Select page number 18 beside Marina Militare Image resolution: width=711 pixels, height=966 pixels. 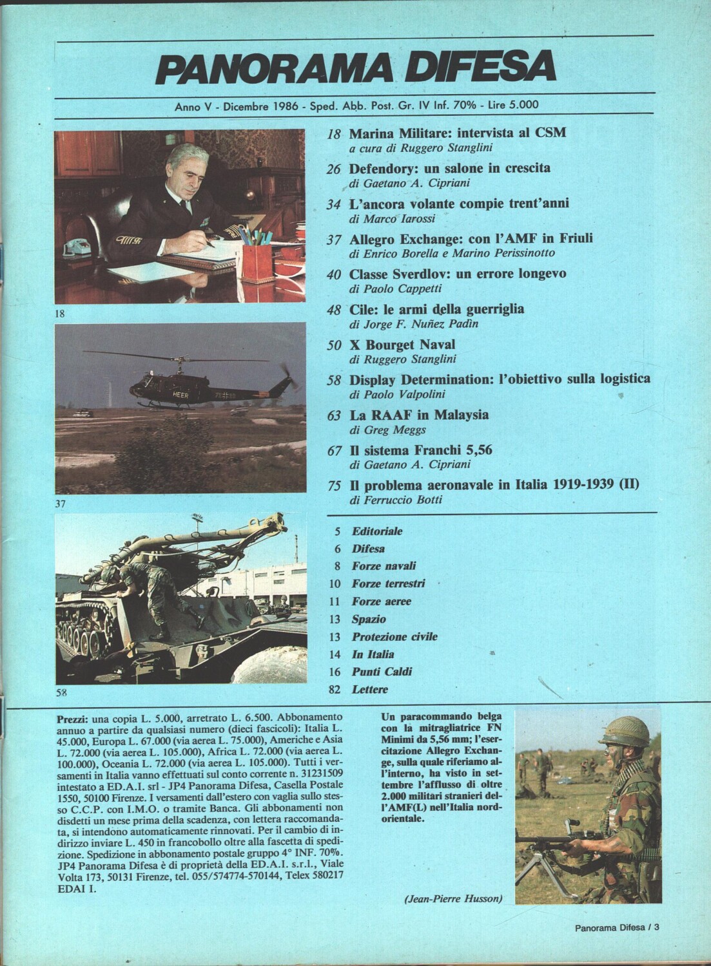coord(334,135)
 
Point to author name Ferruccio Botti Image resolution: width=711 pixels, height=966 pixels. coord(404,498)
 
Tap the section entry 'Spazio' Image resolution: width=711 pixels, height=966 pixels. coord(369,619)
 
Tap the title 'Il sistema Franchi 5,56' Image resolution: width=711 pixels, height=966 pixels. coord(420,450)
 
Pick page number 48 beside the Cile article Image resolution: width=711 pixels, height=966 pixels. coord(334,310)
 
